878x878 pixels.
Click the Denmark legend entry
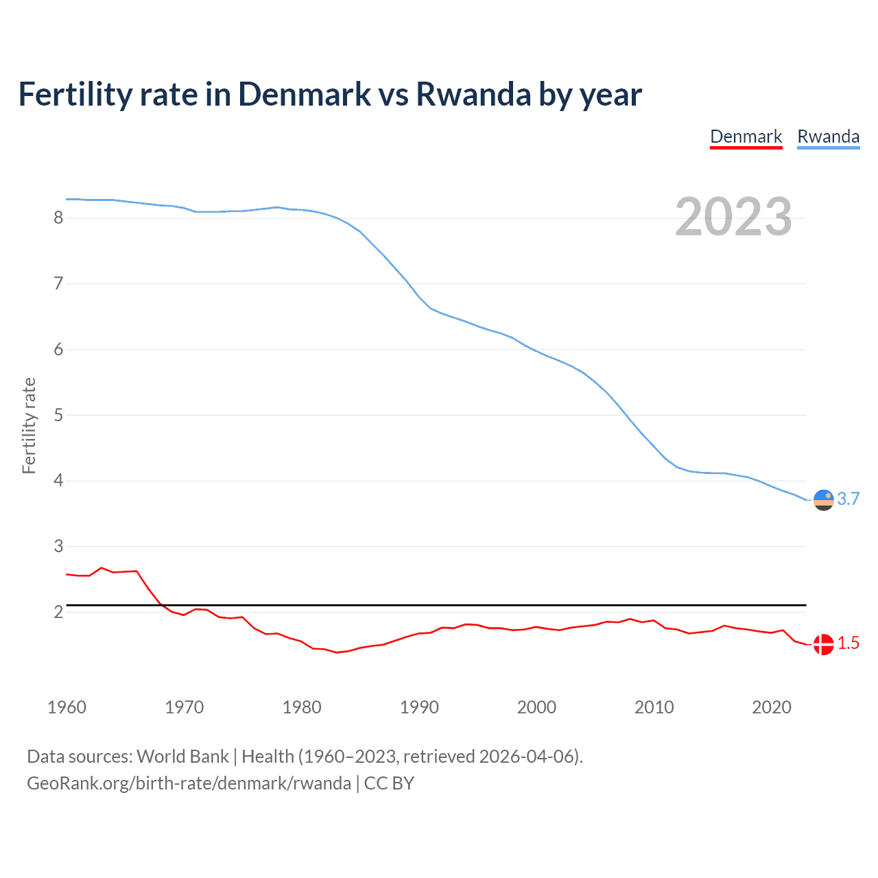coord(746,137)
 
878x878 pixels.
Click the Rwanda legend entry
coord(828,137)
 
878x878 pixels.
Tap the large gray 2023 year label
coord(733,217)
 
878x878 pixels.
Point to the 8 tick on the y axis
coord(58,218)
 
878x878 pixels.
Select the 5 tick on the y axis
coord(58,415)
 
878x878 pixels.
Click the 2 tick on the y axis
coord(58,612)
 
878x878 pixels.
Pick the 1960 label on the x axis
coord(67,707)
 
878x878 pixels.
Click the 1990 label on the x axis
coord(419,707)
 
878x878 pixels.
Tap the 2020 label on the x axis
coord(772,707)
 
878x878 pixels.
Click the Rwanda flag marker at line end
coord(823,500)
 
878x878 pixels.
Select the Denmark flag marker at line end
coord(823,644)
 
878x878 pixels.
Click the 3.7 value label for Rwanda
coord(849,499)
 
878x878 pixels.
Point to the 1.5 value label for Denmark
coord(849,643)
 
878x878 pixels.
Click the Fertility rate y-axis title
coord(29,425)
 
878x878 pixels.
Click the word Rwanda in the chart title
coord(473,95)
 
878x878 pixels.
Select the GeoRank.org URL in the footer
coord(189,783)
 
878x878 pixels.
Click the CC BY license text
coord(389,783)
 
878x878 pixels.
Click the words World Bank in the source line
coord(182,757)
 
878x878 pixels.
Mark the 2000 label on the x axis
coord(536,707)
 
